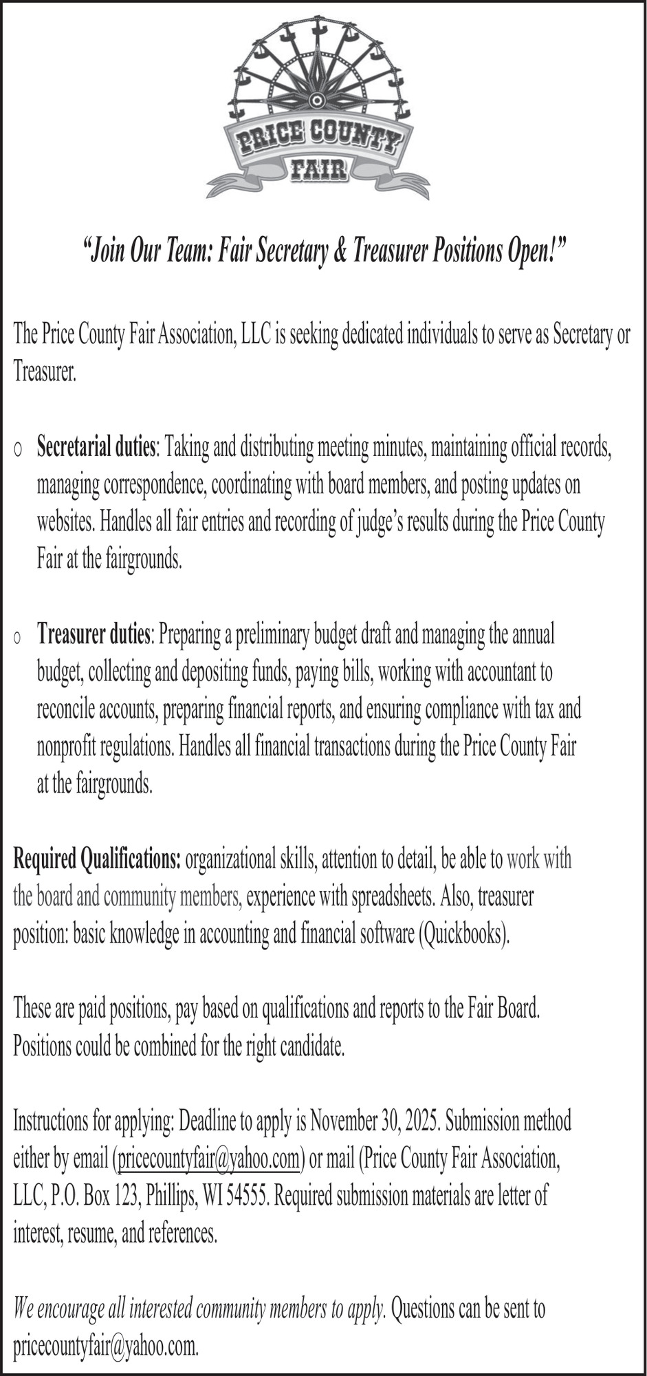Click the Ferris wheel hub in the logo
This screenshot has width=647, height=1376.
point(316,100)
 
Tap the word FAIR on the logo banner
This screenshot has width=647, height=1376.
point(317,168)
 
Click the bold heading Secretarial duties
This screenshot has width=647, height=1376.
point(96,448)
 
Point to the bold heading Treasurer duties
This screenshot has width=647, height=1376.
point(94,634)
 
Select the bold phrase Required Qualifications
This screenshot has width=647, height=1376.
point(97,859)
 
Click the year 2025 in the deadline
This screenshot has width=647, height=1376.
point(424,1122)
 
